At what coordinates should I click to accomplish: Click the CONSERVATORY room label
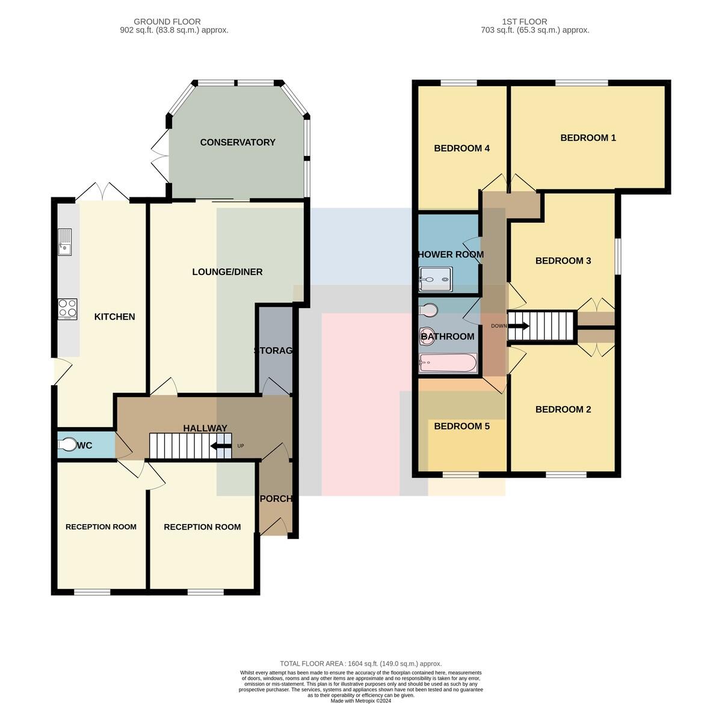click(238, 142)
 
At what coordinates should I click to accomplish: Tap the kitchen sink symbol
click(64, 242)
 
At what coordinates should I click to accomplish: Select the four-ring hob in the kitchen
click(67, 309)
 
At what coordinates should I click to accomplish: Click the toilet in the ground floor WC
click(67, 445)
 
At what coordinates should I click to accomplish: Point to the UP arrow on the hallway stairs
click(220, 445)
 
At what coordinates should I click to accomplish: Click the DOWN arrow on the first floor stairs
click(518, 326)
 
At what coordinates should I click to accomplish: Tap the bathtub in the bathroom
click(448, 363)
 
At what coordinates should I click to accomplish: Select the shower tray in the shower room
click(436, 279)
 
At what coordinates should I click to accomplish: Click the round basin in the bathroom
click(427, 336)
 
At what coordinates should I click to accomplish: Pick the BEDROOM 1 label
click(588, 138)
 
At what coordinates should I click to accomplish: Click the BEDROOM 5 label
click(462, 426)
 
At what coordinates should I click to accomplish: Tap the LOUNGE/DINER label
click(227, 272)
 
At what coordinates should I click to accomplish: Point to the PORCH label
click(276, 499)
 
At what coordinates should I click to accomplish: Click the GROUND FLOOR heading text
click(167, 22)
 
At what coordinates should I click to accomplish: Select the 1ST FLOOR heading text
click(524, 22)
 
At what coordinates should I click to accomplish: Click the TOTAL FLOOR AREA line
click(360, 664)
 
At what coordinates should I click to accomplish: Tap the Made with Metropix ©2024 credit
click(360, 701)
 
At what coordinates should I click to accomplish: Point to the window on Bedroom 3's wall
click(618, 256)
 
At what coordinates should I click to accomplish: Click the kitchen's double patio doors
click(102, 192)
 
